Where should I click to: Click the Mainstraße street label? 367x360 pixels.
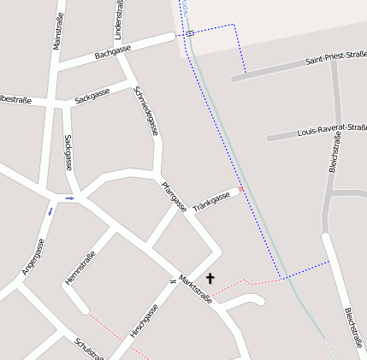pyautogui.click(x=58, y=25)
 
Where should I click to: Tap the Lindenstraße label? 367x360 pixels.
pyautogui.click(x=117, y=19)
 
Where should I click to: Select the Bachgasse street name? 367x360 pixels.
pyautogui.click(x=112, y=52)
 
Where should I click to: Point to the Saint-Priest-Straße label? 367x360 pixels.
pyautogui.click(x=335, y=58)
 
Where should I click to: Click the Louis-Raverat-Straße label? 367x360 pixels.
pyautogui.click(x=331, y=130)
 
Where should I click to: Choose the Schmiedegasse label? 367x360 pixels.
pyautogui.click(x=146, y=111)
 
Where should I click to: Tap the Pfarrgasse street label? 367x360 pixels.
pyautogui.click(x=174, y=197)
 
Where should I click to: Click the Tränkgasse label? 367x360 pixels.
pyautogui.click(x=211, y=203)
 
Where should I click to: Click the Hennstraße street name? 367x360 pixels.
pyautogui.click(x=80, y=268)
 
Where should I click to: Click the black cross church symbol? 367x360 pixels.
pyautogui.click(x=210, y=278)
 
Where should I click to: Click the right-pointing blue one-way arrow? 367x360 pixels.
pyautogui.click(x=70, y=198)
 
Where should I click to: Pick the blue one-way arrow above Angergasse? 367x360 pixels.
pyautogui.click(x=50, y=211)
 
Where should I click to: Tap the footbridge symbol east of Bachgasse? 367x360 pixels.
pyautogui.click(x=190, y=33)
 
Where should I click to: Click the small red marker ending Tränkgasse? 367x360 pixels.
pyautogui.click(x=241, y=188)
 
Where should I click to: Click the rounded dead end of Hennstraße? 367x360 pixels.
pyautogui.click(x=83, y=308)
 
